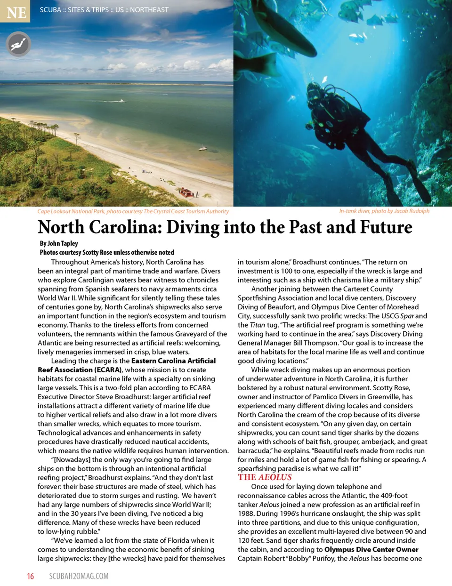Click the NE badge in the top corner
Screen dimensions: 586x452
coord(16,11)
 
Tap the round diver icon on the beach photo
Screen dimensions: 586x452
coord(18,44)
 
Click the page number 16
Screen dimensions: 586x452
coord(31,576)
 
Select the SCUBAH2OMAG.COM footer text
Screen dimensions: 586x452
coord(79,576)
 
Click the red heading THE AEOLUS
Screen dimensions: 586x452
coord(265,477)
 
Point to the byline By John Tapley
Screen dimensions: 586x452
coord(59,243)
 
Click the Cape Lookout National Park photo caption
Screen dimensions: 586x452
coord(133,211)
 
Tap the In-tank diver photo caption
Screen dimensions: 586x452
coord(384,211)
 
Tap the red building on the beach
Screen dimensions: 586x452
coord(185,192)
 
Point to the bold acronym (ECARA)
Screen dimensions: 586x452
coord(108,370)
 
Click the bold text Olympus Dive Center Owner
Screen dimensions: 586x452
coord(371,549)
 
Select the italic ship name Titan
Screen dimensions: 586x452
coord(258,325)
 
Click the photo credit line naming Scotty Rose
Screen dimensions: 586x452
coord(107,252)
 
